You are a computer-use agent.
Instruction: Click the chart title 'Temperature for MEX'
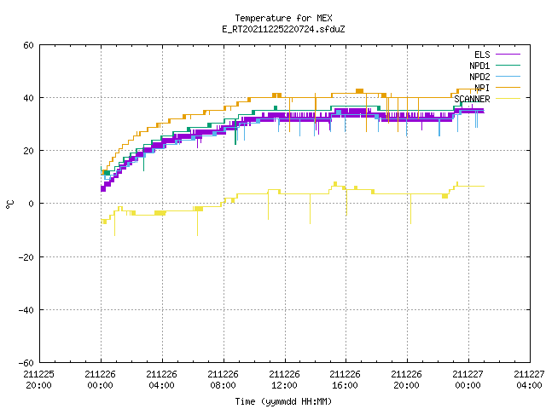[x=283, y=18]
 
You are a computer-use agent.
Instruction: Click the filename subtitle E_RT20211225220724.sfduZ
[x=283, y=29]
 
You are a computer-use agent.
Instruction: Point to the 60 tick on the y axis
[x=28, y=45]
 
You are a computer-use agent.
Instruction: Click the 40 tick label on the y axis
[x=28, y=98]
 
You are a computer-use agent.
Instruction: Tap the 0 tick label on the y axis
[x=32, y=204]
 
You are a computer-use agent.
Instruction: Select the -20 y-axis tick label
[x=26, y=257]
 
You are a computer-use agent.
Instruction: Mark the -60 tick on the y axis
[x=26, y=363]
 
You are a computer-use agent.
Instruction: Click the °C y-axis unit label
[x=10, y=204]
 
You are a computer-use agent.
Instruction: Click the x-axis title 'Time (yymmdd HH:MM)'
[x=283, y=401]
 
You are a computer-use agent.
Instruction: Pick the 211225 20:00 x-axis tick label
[x=39, y=380]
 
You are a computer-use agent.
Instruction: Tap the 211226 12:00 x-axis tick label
[x=284, y=380]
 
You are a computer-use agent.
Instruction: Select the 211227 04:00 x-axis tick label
[x=529, y=380]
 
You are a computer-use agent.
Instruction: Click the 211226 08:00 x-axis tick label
[x=224, y=380]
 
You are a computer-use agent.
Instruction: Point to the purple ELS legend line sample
[x=508, y=55]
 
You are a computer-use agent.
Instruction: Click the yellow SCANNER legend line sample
[x=508, y=99]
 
